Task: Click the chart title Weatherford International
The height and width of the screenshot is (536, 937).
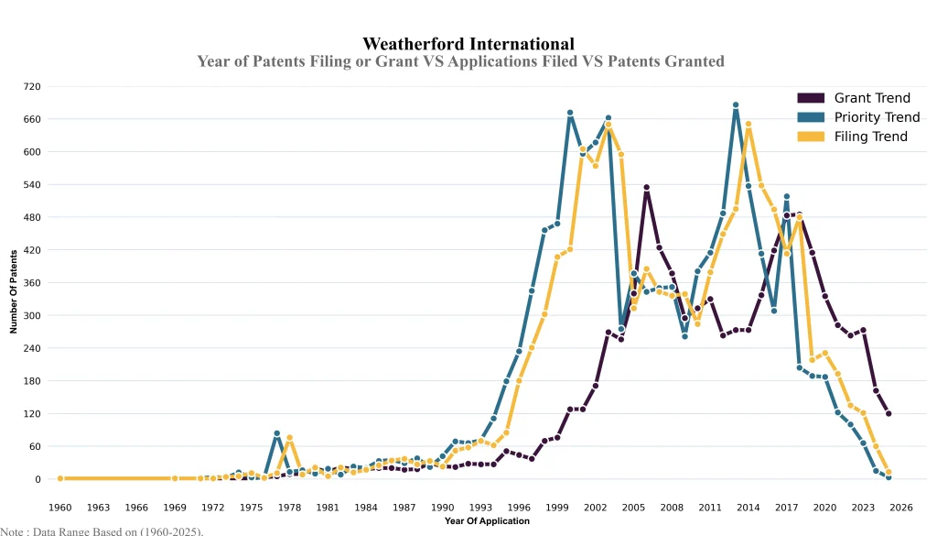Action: [468, 44]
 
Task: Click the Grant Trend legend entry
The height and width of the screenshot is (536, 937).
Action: [871, 98]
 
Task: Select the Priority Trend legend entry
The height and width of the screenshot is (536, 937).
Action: [876, 117]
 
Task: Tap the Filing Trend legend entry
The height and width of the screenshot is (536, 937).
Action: [870, 137]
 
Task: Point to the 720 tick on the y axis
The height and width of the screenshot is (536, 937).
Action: [32, 87]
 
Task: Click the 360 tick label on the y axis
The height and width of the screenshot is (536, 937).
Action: [32, 283]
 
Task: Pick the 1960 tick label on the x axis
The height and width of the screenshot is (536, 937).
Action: [60, 507]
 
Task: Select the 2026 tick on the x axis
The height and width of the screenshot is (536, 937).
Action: [901, 507]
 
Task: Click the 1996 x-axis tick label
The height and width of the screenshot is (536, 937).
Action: [519, 507]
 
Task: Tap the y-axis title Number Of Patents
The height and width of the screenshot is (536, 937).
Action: [14, 290]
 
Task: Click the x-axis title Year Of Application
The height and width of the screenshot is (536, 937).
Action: [487, 521]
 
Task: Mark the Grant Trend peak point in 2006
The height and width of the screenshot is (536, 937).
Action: [646, 188]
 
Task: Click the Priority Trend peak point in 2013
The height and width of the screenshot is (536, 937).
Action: [736, 105]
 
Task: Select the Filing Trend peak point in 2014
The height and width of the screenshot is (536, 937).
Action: [749, 125]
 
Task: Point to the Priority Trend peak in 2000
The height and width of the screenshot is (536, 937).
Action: [570, 114]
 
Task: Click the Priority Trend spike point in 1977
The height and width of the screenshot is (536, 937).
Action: [276, 433]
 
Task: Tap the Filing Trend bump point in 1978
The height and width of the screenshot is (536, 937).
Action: [289, 438]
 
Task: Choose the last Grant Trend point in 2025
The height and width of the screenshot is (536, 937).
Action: [889, 414]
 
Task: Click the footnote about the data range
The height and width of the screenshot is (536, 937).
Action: [102, 531]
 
